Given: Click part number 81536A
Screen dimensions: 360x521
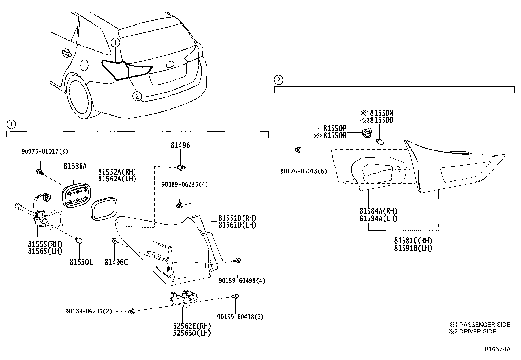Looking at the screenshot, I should (x=75, y=166).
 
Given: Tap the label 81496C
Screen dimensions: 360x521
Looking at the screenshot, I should (x=116, y=262).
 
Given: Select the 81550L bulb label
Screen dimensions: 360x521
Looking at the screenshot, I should (x=81, y=262).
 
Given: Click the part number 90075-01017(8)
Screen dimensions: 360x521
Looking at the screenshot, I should (x=45, y=151).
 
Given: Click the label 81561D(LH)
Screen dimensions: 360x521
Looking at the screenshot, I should (x=237, y=225).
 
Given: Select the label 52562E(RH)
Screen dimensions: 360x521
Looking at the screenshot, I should (x=192, y=326).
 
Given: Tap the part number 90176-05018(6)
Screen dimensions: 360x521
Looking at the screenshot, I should (x=303, y=171).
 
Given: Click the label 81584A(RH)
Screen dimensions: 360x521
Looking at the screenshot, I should (x=378, y=211).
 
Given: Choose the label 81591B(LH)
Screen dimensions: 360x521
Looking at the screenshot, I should (x=413, y=248).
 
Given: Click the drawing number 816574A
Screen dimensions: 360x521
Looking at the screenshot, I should (x=497, y=349).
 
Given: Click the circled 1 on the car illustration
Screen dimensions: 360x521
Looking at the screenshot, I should (x=115, y=42).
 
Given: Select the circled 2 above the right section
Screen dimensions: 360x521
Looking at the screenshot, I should (x=278, y=80).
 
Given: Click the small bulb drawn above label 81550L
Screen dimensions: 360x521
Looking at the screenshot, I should (x=78, y=241).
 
